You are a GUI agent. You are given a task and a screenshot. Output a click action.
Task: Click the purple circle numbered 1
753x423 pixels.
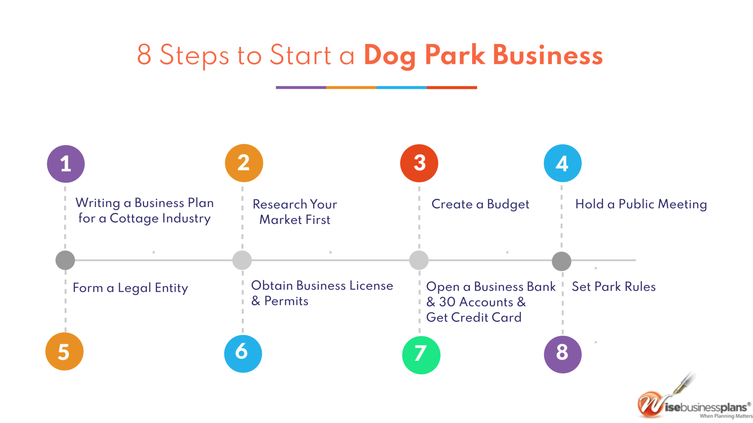point(66,164)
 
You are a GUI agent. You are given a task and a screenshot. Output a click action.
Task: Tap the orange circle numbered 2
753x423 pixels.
point(244,163)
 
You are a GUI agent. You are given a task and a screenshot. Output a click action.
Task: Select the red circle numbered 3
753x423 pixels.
point(419,163)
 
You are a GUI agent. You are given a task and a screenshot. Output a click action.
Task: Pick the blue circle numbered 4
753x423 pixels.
point(563,163)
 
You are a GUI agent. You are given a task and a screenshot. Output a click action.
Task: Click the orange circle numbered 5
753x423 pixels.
point(64,351)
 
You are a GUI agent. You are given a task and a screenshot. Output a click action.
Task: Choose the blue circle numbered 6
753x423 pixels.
point(243,354)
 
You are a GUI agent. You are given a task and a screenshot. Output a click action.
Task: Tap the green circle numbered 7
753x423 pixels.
point(421,355)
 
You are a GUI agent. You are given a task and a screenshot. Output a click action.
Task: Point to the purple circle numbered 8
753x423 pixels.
point(563,354)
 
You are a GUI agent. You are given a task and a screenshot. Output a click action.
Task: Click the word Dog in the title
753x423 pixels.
point(390,56)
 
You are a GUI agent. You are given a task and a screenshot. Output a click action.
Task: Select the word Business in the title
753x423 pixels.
point(548,55)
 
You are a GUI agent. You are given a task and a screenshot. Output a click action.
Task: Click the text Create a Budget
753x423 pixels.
point(480,205)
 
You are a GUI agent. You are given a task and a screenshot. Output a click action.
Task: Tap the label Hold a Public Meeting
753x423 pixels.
point(641,205)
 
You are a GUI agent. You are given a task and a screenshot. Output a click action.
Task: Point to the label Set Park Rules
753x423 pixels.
point(614,286)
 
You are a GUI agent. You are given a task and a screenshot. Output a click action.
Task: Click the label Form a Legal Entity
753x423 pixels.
point(131,288)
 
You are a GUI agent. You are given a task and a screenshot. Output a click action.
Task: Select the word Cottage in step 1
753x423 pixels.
point(134,218)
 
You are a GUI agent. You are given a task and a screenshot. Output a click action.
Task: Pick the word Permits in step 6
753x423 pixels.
point(286,301)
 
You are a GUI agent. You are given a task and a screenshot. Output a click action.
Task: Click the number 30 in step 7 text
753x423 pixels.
point(447,302)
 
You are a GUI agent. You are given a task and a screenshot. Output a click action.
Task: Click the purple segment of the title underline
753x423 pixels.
point(301,87)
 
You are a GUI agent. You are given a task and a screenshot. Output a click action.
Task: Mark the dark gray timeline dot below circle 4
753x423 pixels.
point(561,261)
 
